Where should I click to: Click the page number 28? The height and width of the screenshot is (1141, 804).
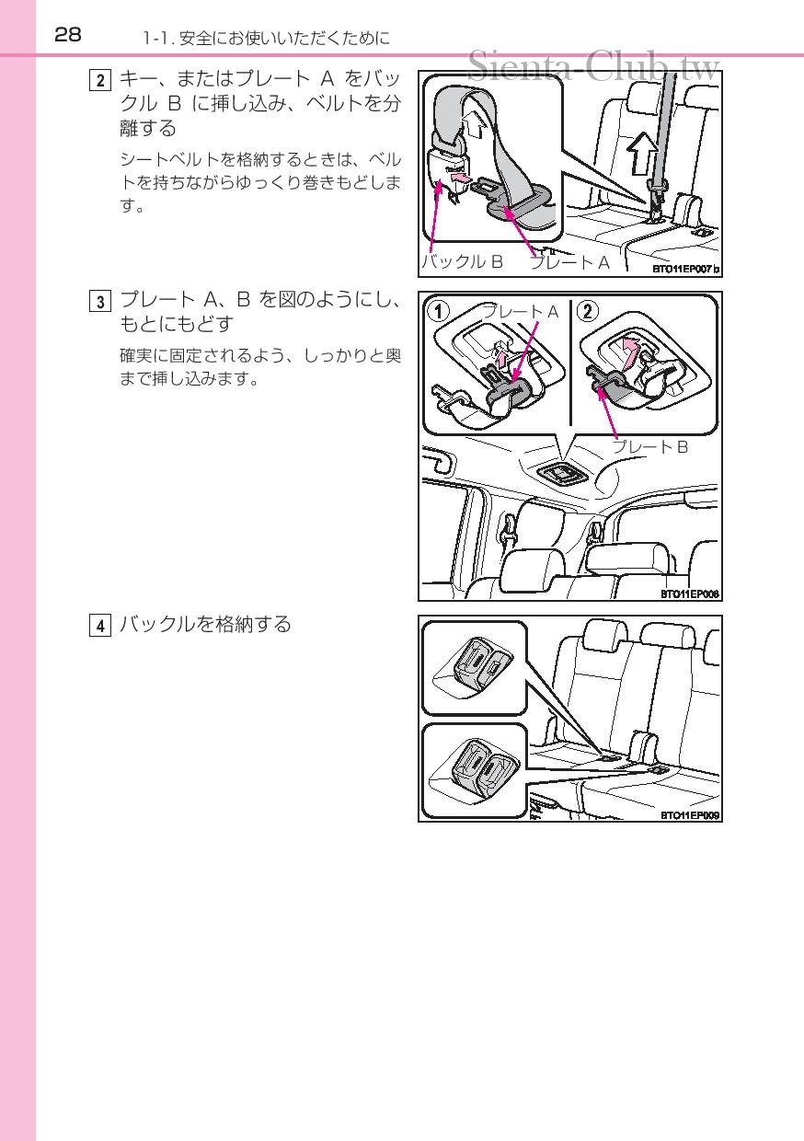68,35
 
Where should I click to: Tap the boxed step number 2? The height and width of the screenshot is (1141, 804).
99,80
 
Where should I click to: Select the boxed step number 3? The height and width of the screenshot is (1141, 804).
99,301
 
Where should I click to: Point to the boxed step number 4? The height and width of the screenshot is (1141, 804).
99,626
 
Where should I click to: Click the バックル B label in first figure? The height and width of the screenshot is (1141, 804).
464,262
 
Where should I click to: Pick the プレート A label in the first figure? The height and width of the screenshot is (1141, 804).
569,262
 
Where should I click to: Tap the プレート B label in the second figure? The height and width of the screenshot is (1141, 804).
650,447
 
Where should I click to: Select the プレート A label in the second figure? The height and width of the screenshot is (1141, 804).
521,312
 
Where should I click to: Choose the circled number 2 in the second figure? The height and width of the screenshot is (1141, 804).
589,311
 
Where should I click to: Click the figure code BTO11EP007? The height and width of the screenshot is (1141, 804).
685,270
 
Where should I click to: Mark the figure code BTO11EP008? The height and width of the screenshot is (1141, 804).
689,594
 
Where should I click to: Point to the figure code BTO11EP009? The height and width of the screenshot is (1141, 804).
689,814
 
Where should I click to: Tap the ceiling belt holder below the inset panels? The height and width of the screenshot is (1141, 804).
558,473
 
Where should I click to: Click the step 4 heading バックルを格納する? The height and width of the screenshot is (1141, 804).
205,625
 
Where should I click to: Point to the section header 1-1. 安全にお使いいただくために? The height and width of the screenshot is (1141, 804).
266,39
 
